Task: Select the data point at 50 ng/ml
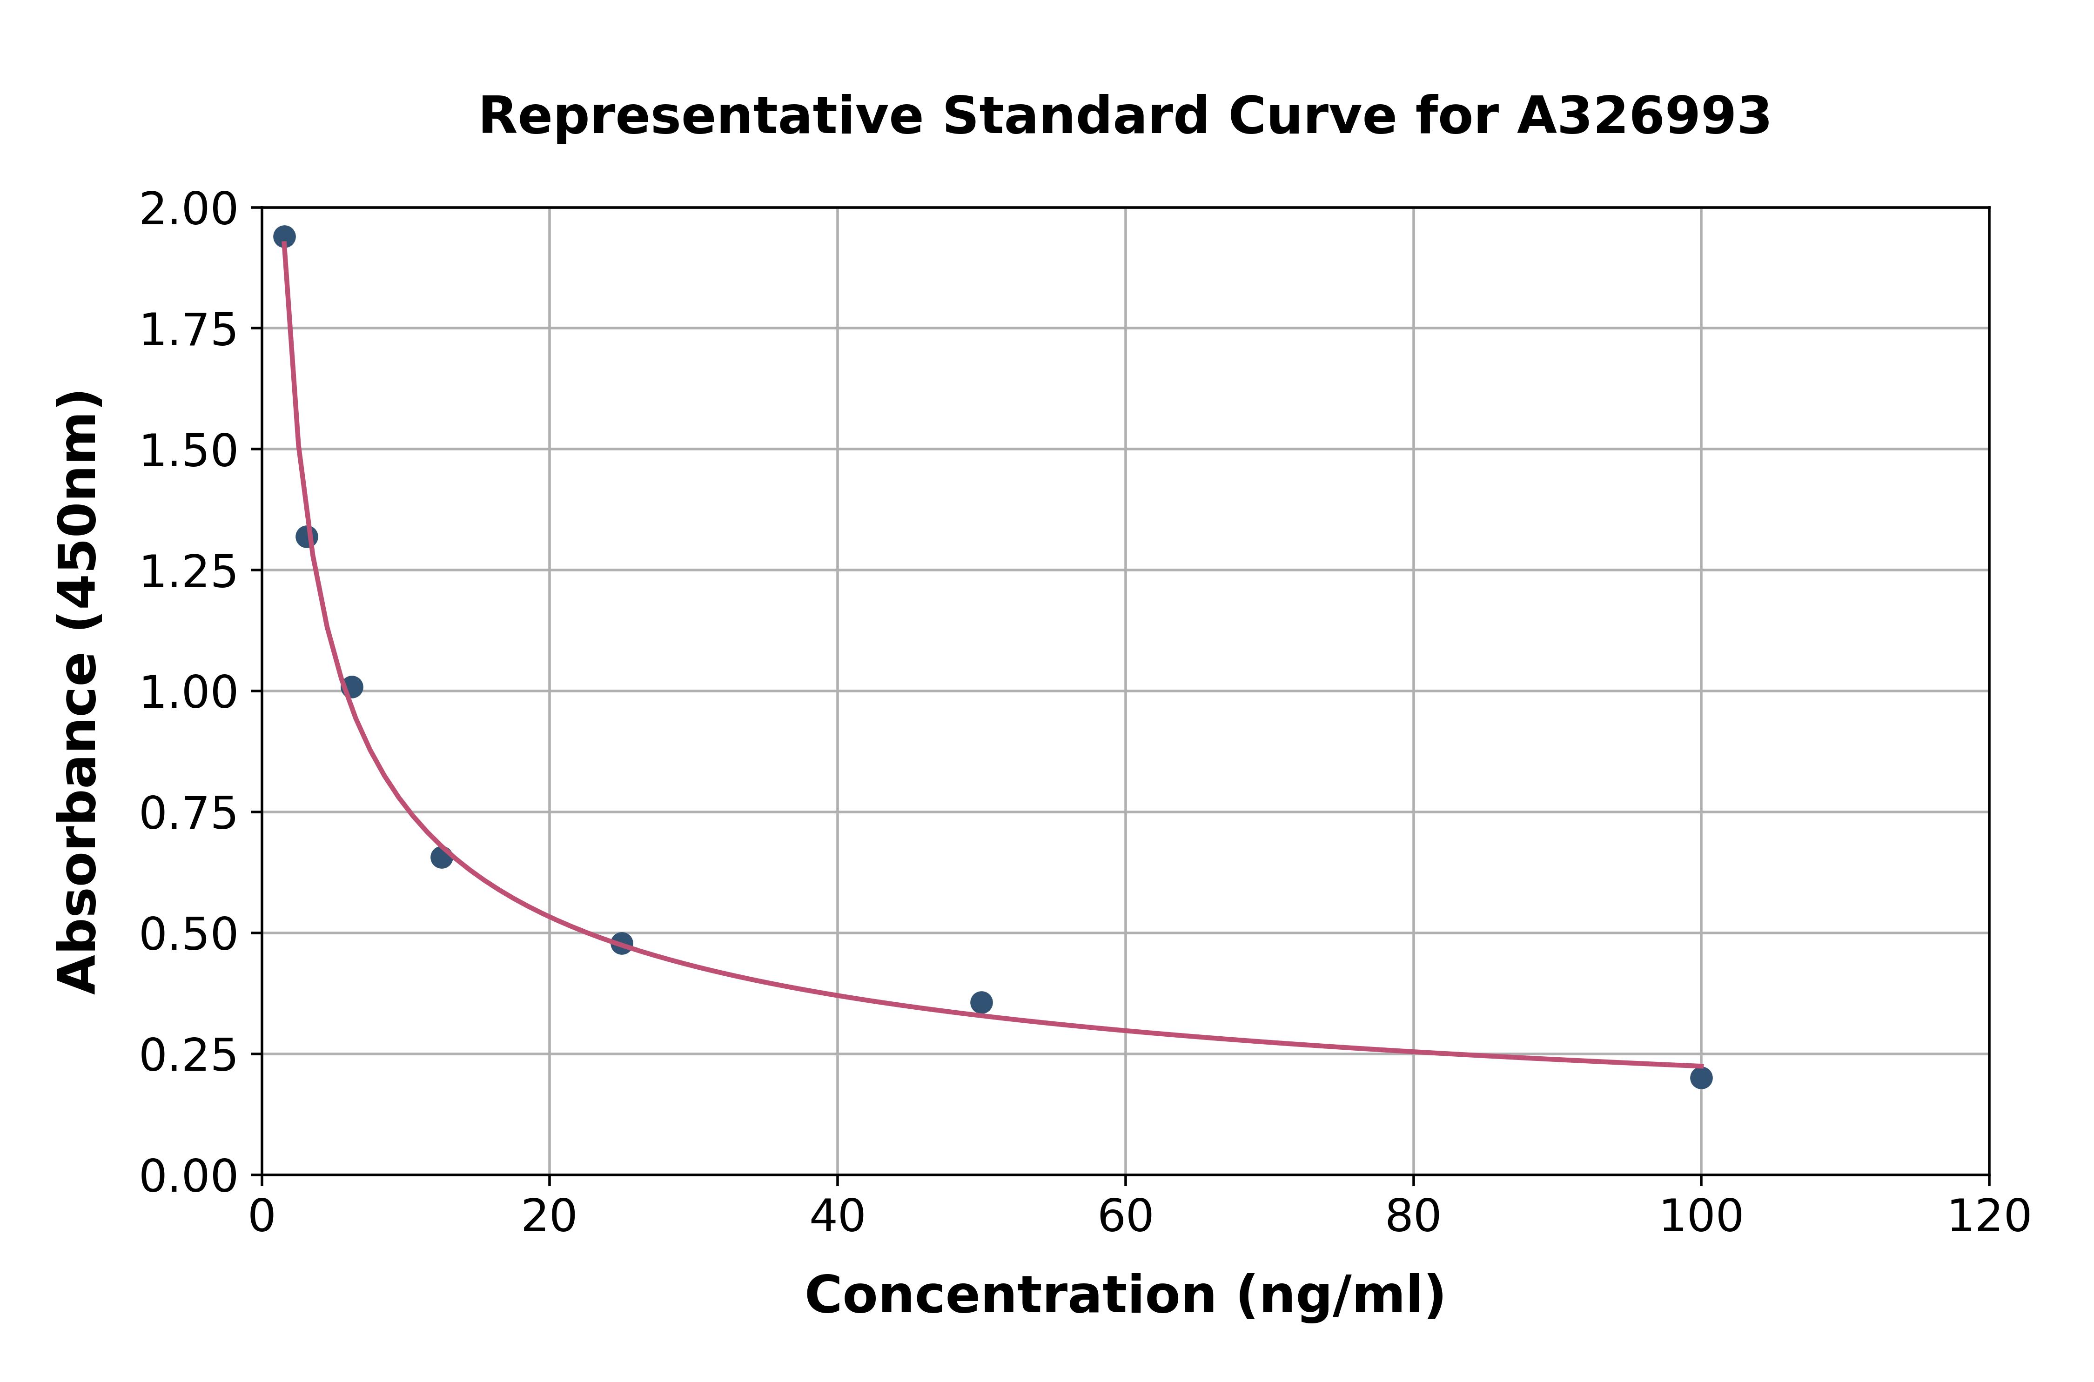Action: [x=981, y=1002]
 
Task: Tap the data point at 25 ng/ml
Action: [x=621, y=943]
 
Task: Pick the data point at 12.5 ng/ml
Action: [x=442, y=857]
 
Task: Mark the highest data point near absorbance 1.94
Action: [x=284, y=236]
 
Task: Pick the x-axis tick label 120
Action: [x=1988, y=1217]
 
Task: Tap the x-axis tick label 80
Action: [x=1413, y=1217]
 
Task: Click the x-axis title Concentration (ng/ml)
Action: [x=1125, y=1295]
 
